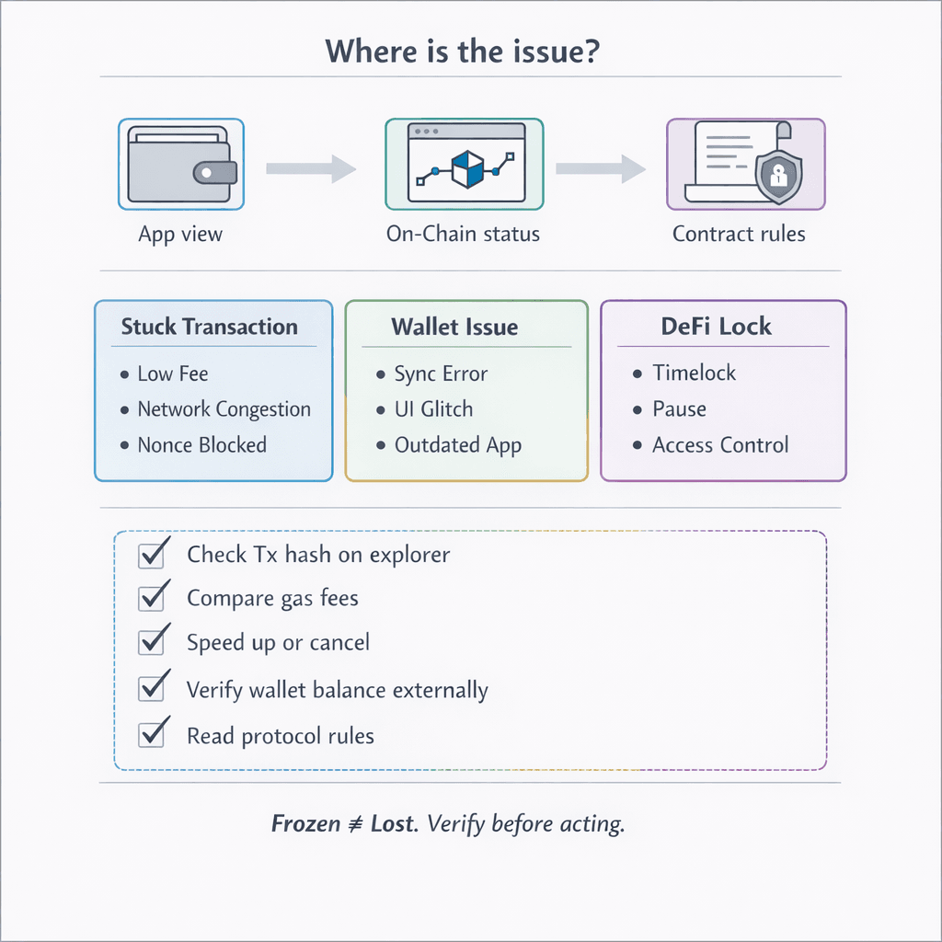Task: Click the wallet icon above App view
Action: [181, 165]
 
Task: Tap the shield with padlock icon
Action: [777, 177]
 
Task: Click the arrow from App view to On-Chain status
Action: [310, 168]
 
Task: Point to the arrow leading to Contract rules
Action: [600, 168]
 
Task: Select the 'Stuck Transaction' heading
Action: [210, 327]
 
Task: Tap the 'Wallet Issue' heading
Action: [454, 327]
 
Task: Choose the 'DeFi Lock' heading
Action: [716, 326]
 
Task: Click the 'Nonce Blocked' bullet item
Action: [201, 445]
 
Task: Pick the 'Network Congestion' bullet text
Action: [224, 409]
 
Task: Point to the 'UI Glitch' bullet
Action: [433, 409]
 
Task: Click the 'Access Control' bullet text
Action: [720, 445]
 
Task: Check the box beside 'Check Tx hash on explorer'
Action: [151, 556]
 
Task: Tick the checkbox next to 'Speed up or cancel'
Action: [151, 641]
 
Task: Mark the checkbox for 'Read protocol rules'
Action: [151, 735]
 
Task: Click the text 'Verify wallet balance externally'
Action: [337, 690]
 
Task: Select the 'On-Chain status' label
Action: [463, 234]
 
